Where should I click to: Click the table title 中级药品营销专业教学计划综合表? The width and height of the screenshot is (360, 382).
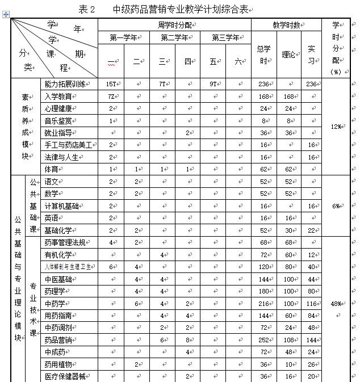180,9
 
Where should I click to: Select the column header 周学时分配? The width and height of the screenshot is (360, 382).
174,26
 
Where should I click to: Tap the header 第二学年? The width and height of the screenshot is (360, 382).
174,38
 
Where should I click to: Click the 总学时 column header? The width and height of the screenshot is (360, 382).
263,56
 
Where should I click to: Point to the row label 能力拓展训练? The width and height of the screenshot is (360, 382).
65,84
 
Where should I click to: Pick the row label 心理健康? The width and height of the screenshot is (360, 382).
58,108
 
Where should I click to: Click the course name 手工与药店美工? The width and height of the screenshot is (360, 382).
68,145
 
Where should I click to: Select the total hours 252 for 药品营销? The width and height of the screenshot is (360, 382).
263,340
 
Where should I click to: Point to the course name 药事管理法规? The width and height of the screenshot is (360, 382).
65,243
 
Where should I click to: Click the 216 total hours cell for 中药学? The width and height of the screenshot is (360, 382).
263,304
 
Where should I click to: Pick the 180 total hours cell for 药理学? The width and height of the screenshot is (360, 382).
263,292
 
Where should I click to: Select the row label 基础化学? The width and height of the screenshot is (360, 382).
58,230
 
